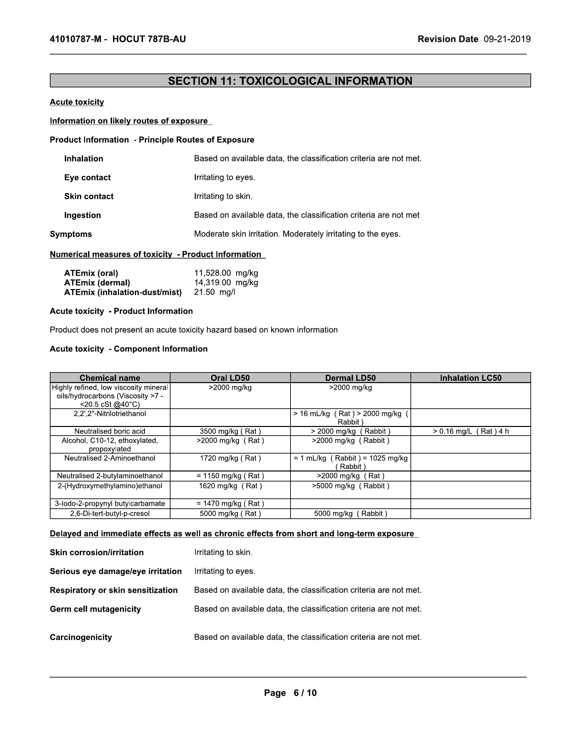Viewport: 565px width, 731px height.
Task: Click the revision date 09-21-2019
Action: pyautogui.click(x=507, y=39)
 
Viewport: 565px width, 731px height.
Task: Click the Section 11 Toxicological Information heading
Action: pyautogui.click(x=290, y=81)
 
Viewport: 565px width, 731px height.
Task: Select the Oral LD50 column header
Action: pyautogui.click(x=230, y=378)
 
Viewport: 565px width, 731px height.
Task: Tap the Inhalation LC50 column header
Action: pyautogui.click(x=471, y=378)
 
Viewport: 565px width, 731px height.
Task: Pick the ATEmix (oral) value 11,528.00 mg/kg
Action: pyautogui.click(x=226, y=273)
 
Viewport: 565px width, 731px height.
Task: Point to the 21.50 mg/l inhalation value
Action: pyautogui.click(x=215, y=292)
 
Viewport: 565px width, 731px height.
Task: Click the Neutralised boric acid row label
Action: pyautogui.click(x=110, y=431)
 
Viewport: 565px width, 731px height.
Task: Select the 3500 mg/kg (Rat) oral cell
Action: pyautogui.click(x=230, y=431)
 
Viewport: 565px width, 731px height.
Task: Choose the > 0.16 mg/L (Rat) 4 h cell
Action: pyautogui.click(x=471, y=431)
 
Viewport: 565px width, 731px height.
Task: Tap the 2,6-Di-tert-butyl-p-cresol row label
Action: pyautogui.click(x=110, y=513)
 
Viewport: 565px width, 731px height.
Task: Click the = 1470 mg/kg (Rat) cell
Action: pyautogui.click(x=230, y=503)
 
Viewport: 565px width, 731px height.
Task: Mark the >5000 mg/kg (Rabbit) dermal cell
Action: pyautogui.click(x=350, y=486)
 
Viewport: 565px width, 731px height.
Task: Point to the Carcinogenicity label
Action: pyautogui.click(x=81, y=637)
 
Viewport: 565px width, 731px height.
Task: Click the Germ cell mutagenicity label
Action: pyautogui.click(x=95, y=609)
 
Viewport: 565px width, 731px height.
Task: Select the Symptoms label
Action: pyautogui.click(x=70, y=234)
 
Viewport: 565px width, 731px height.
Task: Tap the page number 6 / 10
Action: pyautogui.click(x=305, y=693)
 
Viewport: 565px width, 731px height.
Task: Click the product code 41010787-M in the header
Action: pyautogui.click(x=75, y=39)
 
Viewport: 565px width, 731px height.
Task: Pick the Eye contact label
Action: pyautogui.click(x=87, y=177)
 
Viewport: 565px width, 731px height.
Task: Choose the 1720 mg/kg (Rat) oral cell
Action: pyautogui.click(x=230, y=458)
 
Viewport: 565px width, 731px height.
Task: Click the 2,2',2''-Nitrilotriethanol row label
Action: pyautogui.click(x=110, y=414)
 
